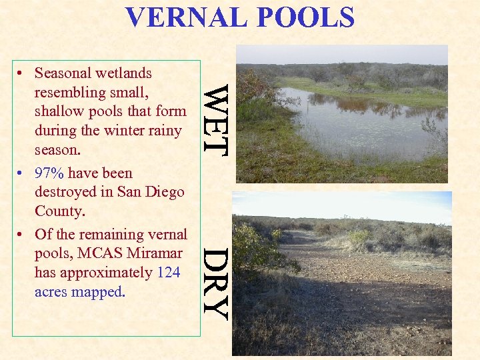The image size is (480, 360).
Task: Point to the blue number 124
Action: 169,273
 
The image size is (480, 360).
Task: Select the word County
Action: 59,211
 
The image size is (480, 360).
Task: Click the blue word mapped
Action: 101,292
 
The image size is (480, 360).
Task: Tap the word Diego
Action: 165,193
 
